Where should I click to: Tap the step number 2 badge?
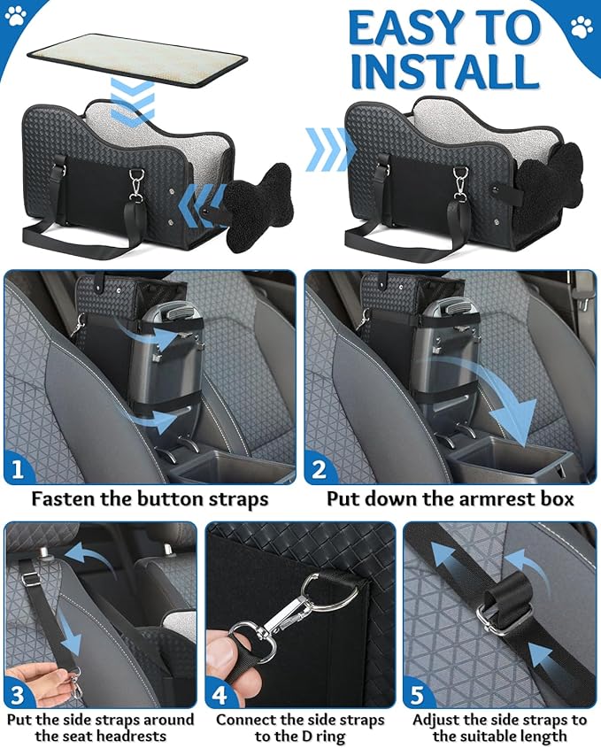(320, 467)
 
